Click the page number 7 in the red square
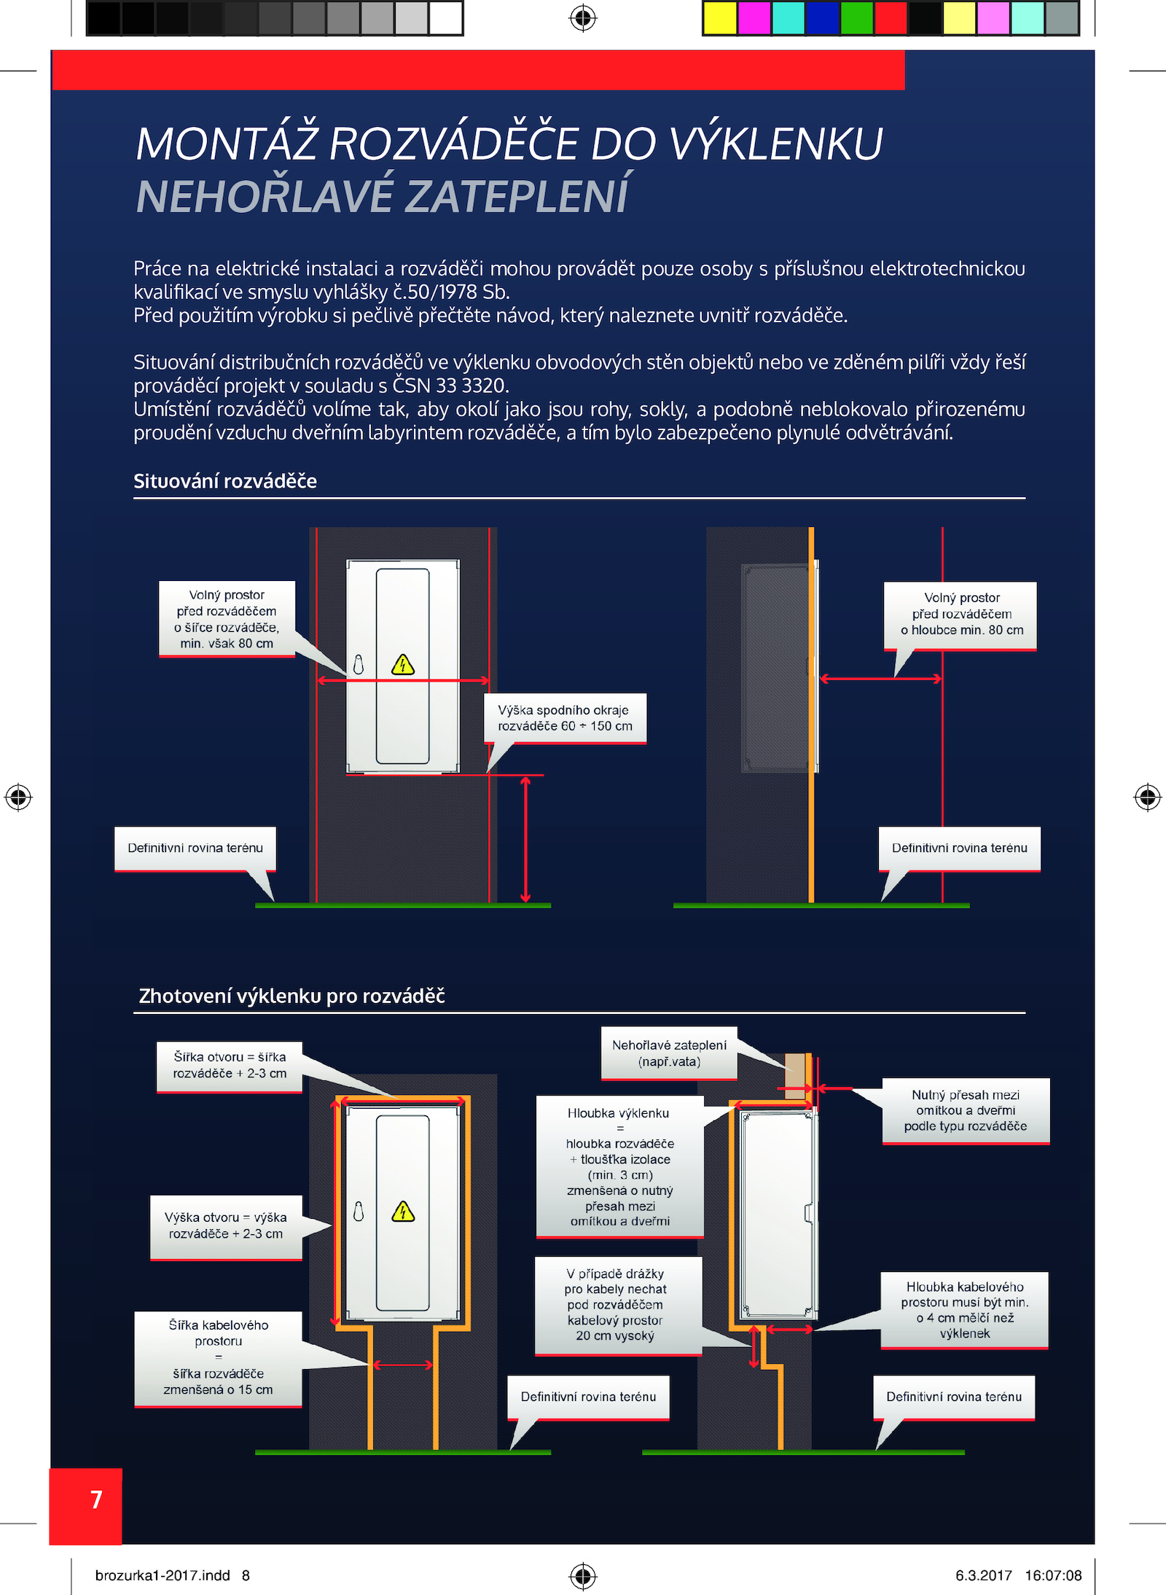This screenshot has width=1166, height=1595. click(96, 1500)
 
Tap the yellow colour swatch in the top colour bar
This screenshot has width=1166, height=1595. click(720, 18)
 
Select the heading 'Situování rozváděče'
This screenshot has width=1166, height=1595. click(225, 481)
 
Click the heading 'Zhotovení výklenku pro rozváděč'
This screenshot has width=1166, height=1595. click(291, 996)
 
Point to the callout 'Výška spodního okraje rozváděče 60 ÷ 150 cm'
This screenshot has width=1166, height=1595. click(565, 718)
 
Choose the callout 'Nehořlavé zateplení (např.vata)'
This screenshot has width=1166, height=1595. click(669, 1053)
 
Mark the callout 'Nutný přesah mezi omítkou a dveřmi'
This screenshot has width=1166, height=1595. click(966, 1111)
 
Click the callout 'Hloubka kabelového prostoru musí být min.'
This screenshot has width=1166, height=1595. click(964, 1310)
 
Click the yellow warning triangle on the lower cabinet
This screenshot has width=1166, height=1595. click(403, 1212)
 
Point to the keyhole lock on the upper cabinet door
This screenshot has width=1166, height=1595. click(359, 665)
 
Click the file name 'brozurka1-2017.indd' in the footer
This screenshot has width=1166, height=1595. click(163, 1575)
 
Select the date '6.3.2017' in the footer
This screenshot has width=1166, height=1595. click(984, 1575)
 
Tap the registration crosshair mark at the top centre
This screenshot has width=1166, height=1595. click(583, 17)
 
